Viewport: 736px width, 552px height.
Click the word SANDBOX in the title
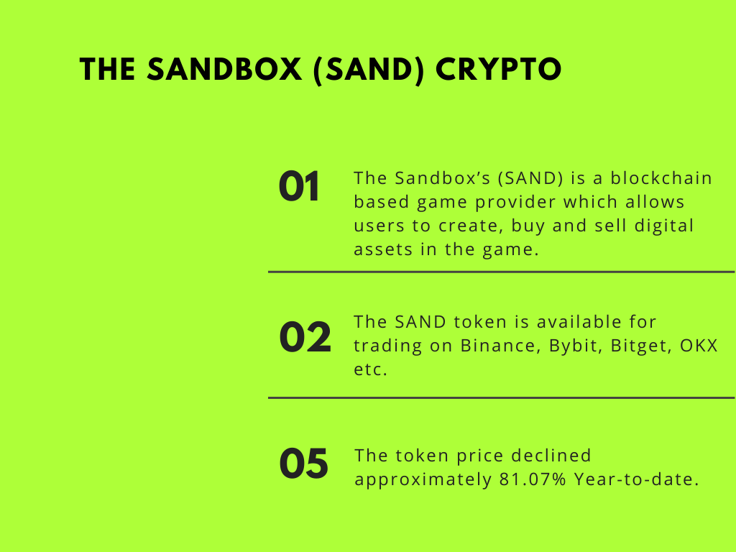coord(224,70)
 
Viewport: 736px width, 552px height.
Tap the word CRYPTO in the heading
coord(499,70)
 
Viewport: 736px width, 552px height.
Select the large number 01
coord(299,186)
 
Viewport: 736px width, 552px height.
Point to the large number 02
coord(305,336)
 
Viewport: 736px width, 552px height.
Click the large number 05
coord(304,464)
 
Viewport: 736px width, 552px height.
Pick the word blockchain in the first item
coord(661,178)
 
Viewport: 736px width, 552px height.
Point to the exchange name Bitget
coord(639,346)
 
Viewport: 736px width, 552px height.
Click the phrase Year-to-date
coord(637,479)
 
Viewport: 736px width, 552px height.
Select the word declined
coord(551,455)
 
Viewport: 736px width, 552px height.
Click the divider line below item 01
coord(501,272)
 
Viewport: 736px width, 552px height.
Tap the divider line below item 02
coord(501,397)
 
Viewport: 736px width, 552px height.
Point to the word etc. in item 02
coord(370,369)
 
